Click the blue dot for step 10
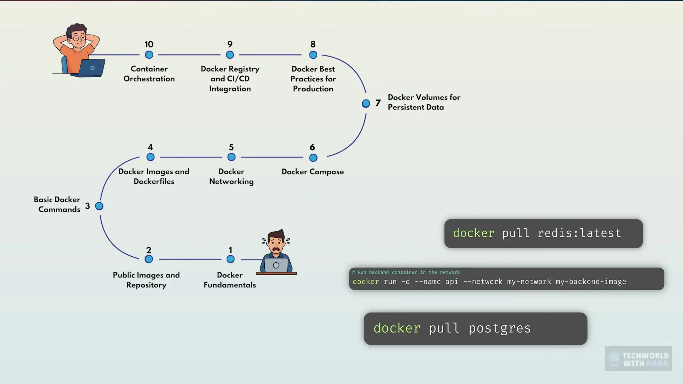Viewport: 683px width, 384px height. (x=149, y=55)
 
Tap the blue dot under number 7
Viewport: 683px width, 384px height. (x=366, y=103)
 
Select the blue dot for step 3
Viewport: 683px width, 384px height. (x=99, y=206)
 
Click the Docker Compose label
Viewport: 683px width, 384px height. (x=313, y=172)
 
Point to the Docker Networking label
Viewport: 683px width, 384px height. (x=231, y=176)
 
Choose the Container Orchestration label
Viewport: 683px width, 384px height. (x=149, y=74)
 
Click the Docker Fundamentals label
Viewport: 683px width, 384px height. (x=230, y=280)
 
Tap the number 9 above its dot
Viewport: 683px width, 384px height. (x=230, y=44)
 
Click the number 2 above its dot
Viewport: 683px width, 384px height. (x=149, y=250)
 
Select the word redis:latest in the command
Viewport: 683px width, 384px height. (x=579, y=233)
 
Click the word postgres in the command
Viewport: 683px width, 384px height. (x=499, y=328)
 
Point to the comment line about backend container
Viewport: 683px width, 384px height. (x=406, y=272)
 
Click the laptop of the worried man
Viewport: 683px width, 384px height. (x=276, y=265)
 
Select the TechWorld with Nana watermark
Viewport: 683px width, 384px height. (x=638, y=358)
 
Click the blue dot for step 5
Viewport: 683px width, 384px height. (x=232, y=157)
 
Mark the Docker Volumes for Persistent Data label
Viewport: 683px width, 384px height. (x=424, y=102)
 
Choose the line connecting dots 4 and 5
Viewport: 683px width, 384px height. (x=191, y=157)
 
